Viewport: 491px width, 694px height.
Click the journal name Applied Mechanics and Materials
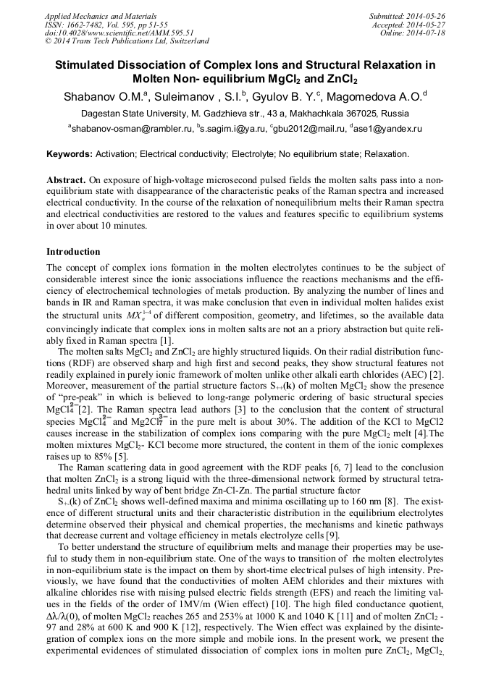100,15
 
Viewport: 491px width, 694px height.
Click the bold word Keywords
68,154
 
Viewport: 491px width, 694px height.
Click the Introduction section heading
73,252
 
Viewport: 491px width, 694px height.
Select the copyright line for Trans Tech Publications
127,41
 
